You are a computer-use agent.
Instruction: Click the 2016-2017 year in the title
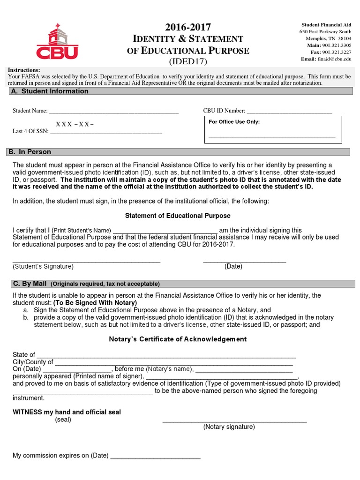click(187, 27)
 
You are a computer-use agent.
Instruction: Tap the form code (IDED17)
click(187, 61)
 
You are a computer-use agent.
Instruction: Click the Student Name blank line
click(113, 113)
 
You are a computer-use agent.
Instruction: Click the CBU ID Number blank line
click(289, 113)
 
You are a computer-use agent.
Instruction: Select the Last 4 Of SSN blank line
click(106, 134)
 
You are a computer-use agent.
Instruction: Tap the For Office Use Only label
click(234, 122)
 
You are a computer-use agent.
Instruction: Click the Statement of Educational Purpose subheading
click(178, 216)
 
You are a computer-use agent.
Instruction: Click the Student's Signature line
click(86, 262)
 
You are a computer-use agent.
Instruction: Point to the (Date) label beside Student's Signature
click(233, 266)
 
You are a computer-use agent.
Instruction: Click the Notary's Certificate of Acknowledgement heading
click(178, 339)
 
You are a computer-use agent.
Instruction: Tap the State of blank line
click(166, 357)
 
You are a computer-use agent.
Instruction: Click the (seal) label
click(63, 420)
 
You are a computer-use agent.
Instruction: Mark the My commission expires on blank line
click(155, 457)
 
